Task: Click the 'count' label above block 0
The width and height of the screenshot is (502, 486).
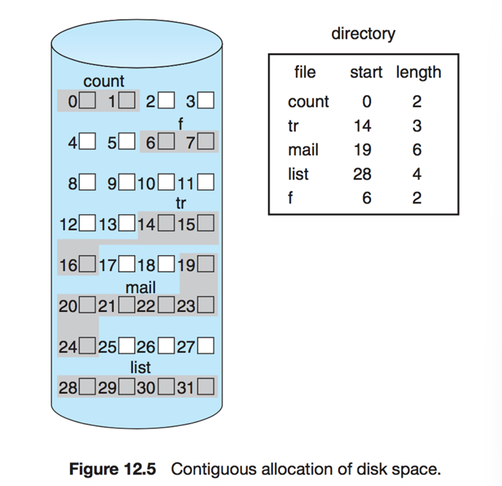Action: [x=104, y=82]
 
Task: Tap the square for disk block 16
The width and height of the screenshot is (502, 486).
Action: [x=88, y=262]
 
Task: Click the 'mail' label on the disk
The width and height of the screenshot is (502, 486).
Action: [x=141, y=288]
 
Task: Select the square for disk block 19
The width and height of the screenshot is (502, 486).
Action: [x=205, y=262]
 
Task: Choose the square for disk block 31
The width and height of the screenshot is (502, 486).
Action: [x=205, y=387]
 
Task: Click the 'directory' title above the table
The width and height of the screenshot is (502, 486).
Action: [x=363, y=34]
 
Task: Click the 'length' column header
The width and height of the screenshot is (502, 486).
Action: [x=419, y=72]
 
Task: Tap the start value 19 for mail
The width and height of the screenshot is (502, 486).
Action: [x=362, y=150]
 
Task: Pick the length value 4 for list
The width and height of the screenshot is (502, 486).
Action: [x=417, y=174]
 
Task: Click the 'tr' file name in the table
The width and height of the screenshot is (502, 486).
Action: [x=294, y=126]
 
